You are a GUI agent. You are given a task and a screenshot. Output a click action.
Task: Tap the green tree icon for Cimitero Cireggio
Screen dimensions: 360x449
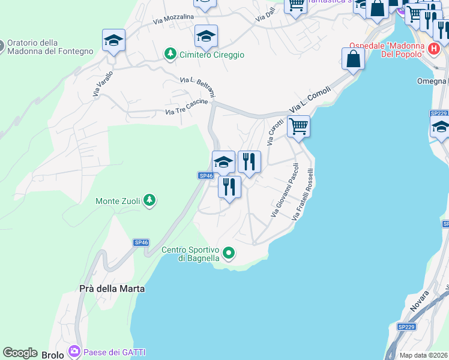(x=170, y=55)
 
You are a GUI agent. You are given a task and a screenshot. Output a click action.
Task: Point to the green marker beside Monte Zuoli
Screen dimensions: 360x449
(x=149, y=200)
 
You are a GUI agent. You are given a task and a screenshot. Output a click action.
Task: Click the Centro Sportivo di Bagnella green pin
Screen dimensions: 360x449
(x=228, y=253)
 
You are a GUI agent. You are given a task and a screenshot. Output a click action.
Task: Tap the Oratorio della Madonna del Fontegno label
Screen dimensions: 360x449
(x=50, y=47)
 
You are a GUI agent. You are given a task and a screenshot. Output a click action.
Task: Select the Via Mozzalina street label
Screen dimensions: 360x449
(x=173, y=20)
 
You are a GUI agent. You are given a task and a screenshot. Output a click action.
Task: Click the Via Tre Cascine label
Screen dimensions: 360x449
(x=187, y=107)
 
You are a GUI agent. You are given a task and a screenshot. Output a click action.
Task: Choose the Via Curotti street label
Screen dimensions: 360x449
(x=275, y=132)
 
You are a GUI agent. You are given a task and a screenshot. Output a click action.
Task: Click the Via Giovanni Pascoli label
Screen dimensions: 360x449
(x=285, y=190)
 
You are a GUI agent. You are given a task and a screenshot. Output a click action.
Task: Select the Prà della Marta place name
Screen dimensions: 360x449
(x=112, y=289)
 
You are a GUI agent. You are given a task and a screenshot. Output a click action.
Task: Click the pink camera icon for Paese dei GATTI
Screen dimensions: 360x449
(x=74, y=350)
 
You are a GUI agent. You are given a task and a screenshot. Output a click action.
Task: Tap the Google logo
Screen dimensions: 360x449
(x=20, y=353)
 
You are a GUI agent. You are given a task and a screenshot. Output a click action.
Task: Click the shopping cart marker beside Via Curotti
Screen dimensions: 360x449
(x=298, y=127)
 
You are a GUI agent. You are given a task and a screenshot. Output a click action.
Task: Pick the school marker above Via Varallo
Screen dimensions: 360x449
(x=113, y=40)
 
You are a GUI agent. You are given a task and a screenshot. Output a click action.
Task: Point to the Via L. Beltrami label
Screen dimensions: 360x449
(x=197, y=87)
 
